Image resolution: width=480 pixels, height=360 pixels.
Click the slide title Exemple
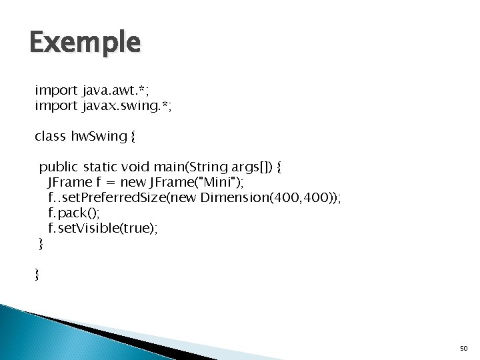tap(85, 43)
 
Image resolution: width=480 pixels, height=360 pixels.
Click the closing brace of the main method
tap(41, 245)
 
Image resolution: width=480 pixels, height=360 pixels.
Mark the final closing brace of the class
tap(37, 275)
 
